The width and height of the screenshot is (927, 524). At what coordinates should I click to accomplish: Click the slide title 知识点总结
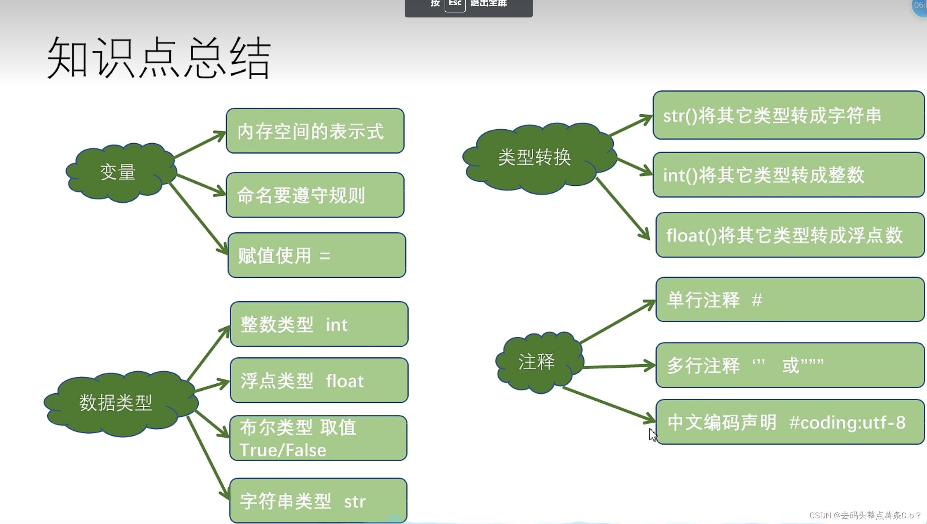click(159, 58)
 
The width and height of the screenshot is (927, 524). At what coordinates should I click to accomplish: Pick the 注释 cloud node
click(537, 362)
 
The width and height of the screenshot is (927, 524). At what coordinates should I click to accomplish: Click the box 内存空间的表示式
click(315, 131)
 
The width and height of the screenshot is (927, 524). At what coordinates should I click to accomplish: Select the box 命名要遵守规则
click(315, 195)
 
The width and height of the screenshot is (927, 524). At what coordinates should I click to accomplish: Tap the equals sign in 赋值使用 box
click(325, 256)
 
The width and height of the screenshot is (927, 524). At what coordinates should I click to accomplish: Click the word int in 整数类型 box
click(337, 325)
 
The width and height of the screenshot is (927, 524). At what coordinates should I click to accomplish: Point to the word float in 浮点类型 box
click(344, 381)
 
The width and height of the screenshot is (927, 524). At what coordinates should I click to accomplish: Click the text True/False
click(283, 450)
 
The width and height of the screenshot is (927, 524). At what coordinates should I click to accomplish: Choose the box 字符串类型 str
click(318, 501)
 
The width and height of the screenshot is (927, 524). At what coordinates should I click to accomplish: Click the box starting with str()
click(788, 115)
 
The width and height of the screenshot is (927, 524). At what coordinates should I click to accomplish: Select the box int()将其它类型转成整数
click(788, 175)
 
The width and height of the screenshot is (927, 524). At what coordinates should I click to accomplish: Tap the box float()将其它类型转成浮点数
click(790, 235)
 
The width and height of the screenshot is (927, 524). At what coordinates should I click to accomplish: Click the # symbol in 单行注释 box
click(757, 300)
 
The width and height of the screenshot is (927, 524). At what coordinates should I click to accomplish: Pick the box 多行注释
click(790, 366)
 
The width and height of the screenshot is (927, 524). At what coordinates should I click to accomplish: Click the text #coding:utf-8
click(847, 422)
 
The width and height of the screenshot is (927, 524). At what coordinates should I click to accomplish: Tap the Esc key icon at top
click(455, 4)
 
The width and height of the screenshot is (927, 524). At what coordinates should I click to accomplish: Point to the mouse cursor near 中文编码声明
click(652, 434)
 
